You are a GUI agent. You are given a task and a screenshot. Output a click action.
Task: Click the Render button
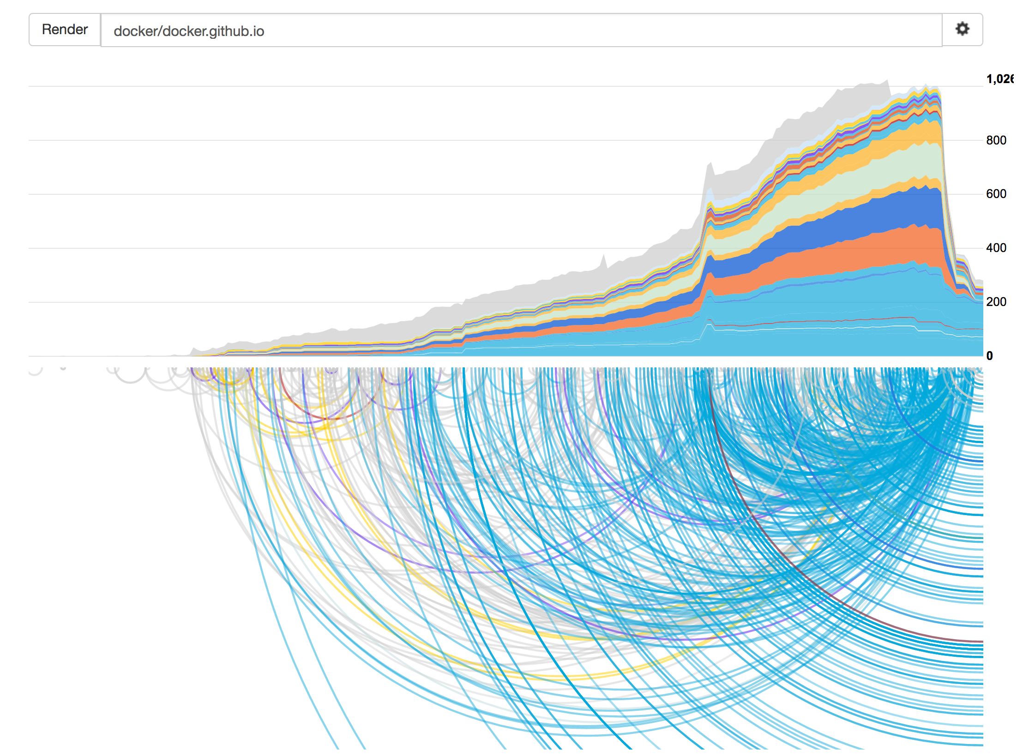point(65,30)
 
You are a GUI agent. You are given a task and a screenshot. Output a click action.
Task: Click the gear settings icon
point(962,29)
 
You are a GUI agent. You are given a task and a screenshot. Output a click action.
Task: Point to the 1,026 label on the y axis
point(999,79)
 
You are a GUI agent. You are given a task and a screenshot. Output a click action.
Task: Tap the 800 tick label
point(996,140)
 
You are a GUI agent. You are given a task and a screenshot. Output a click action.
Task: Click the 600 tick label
point(996,194)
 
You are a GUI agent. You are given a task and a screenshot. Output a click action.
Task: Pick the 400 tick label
point(996,248)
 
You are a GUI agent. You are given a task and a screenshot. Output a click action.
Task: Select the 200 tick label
point(996,302)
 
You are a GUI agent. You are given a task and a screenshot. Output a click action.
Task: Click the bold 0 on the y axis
point(989,356)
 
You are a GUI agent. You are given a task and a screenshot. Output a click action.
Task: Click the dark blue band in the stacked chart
point(877,215)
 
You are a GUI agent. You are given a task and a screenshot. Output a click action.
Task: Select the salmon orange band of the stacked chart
point(877,249)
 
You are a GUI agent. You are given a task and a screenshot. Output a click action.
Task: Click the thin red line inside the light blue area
point(831,320)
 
